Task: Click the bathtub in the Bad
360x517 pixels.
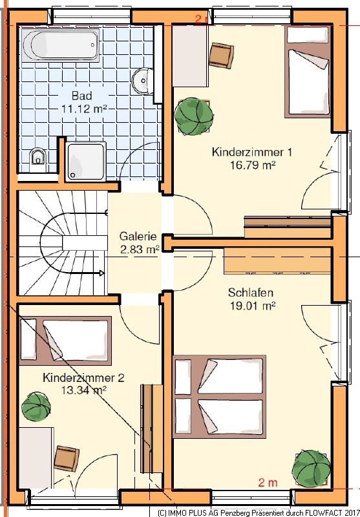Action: coord(60,45)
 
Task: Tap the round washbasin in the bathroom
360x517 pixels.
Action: coord(143,80)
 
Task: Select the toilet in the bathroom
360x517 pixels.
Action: coord(38,159)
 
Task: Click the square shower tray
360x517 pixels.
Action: coord(86,162)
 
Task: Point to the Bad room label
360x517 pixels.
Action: coord(81,96)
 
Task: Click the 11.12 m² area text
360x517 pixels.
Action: coord(85,109)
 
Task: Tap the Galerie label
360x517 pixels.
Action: coord(138,236)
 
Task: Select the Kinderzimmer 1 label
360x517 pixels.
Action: coord(252,152)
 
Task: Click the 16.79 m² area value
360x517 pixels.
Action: coord(253,165)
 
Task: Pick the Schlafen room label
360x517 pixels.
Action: coord(251,293)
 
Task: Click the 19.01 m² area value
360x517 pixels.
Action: coord(253,306)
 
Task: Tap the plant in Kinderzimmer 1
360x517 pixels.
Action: coord(193,116)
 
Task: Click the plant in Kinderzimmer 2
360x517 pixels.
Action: coord(36,406)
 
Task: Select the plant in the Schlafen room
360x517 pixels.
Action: coord(312,469)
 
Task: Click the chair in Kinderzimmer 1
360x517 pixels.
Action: coord(221,56)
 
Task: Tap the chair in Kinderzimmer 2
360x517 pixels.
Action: coord(67,458)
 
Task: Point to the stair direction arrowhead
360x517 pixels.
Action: coord(102,273)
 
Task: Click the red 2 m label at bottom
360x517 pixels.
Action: coord(268,483)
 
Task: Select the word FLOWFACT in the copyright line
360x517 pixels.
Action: coord(321,513)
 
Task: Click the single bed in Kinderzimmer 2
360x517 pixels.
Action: coord(65,341)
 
